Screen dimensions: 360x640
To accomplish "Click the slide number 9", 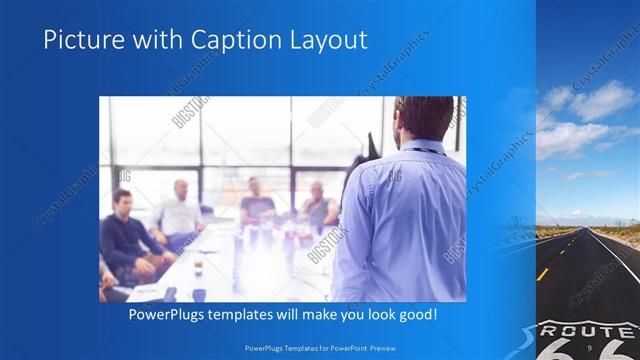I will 591,347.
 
